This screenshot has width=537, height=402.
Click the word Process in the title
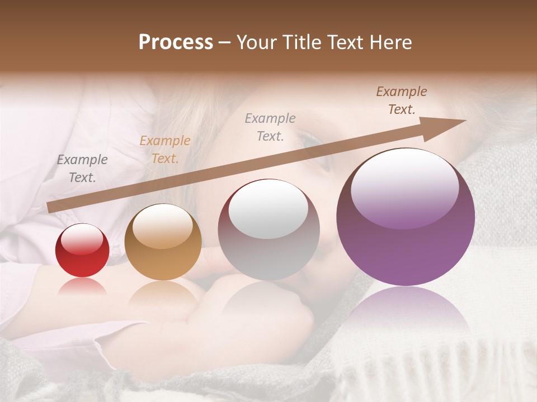(x=176, y=42)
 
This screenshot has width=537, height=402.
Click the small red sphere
(x=82, y=250)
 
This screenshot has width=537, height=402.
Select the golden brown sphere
(x=163, y=242)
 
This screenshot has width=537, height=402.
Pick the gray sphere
(x=268, y=229)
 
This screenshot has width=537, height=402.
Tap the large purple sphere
(x=406, y=217)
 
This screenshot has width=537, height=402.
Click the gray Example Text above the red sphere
(x=82, y=169)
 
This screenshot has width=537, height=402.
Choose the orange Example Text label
(x=165, y=150)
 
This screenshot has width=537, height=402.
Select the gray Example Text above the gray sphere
(x=270, y=127)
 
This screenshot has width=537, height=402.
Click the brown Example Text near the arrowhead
(x=402, y=100)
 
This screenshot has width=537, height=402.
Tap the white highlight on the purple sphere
(x=404, y=188)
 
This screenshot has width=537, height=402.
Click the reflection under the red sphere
(x=82, y=285)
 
